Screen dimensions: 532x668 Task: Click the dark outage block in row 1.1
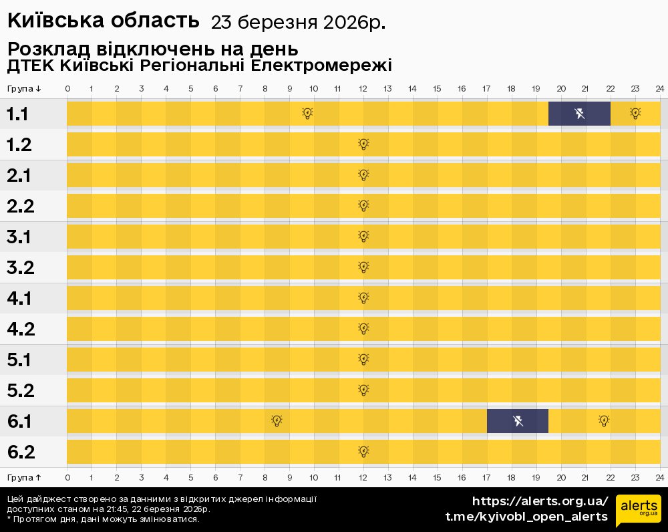[578, 114]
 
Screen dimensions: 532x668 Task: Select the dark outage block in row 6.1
[518, 421]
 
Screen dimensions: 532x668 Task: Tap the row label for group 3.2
[21, 267]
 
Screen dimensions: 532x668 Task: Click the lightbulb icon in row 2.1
[363, 175]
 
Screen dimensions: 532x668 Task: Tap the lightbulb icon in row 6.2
[363, 452]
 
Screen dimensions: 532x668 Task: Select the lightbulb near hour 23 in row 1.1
[635, 114]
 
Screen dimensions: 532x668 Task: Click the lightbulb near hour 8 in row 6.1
[277, 421]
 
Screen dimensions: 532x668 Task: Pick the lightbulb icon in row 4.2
[363, 329]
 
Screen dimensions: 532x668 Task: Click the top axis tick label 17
[486, 89]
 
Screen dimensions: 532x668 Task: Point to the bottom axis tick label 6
[216, 478]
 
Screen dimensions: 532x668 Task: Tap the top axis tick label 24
[659, 89]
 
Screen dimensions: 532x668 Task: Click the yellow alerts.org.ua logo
[638, 511]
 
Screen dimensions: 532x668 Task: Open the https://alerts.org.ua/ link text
[540, 501]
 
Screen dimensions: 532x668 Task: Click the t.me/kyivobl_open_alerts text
[526, 517]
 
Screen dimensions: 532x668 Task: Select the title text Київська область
[104, 21]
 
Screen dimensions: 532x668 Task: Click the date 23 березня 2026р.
[298, 22]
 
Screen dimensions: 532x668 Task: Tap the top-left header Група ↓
[25, 89]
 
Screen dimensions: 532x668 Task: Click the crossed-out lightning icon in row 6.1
[518, 421]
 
